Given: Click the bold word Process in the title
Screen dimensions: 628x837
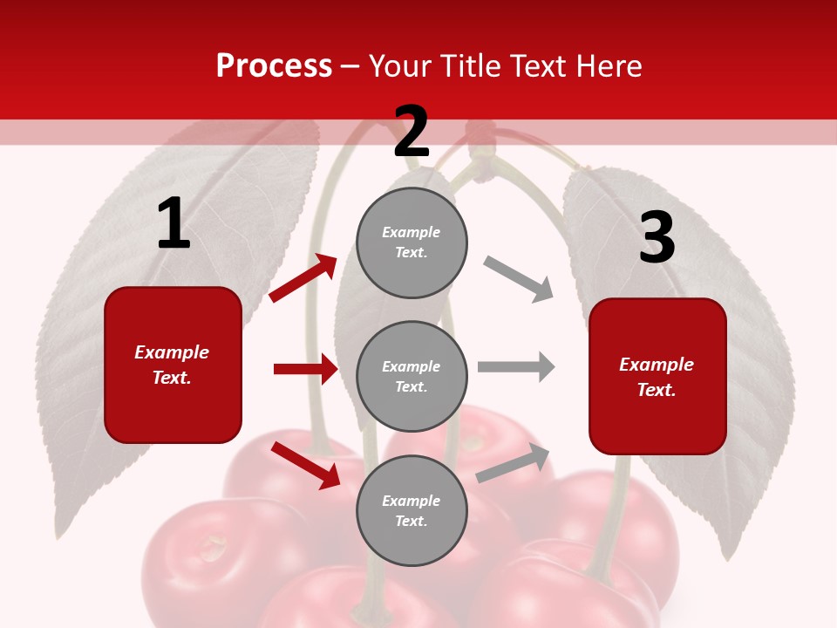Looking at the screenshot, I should (274, 65).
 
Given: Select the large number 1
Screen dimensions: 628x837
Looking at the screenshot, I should (174, 224).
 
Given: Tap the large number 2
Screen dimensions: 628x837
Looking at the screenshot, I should (412, 132).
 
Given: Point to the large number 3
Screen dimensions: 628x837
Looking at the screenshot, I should (657, 237).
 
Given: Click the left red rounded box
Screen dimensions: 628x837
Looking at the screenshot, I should (173, 365).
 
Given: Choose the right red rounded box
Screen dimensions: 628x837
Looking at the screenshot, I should (657, 377).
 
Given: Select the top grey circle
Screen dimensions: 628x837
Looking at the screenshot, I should (412, 242).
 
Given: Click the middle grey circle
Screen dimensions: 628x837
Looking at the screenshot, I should (412, 377).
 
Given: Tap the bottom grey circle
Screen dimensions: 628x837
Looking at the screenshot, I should (412, 511).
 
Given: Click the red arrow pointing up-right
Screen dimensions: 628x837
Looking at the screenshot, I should (303, 278).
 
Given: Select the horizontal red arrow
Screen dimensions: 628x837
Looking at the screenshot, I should (305, 369).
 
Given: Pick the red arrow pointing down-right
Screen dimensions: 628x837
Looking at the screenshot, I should (306, 464).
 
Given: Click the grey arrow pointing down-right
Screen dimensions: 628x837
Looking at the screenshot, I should (519, 279).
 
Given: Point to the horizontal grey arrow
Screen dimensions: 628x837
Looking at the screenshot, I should (516, 367).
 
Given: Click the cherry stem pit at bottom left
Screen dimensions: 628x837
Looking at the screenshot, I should (212, 548).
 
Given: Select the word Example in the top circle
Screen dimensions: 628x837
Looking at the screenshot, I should (411, 232).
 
